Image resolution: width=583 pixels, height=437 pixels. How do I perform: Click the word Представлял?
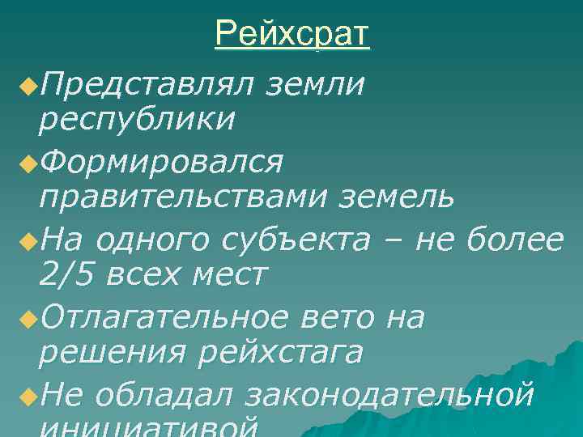(146, 83)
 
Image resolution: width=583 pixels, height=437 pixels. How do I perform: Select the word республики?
(137, 119)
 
